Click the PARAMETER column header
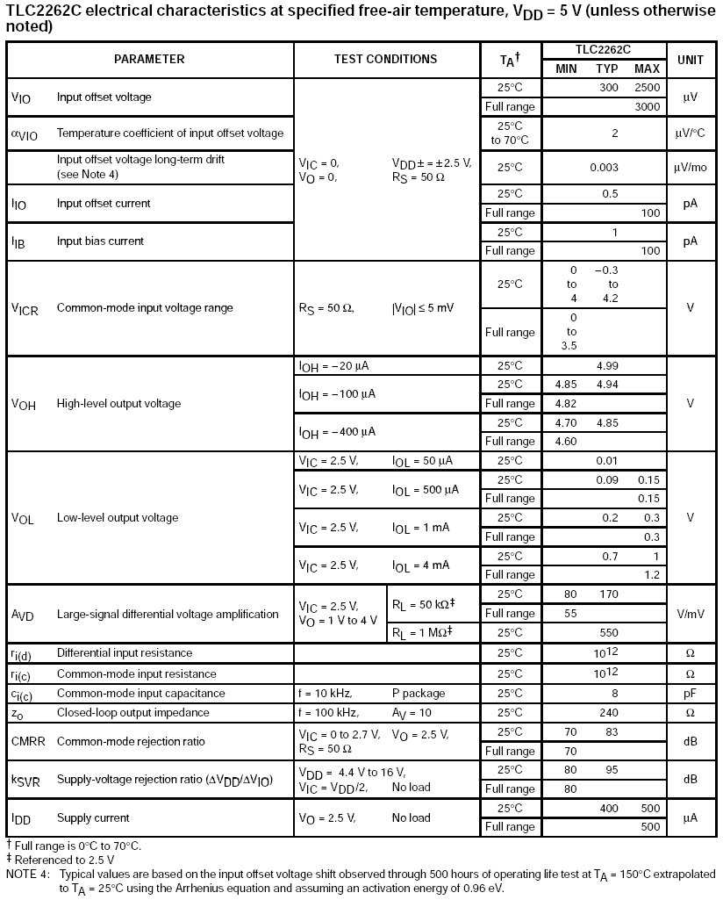[149, 59]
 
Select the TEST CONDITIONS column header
[385, 59]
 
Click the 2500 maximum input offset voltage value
[647, 88]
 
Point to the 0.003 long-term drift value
[604, 167]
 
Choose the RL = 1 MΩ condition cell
[422, 632]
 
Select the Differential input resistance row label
[124, 653]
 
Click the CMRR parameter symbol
[28, 742]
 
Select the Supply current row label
[93, 818]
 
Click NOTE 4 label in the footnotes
[28, 875]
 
